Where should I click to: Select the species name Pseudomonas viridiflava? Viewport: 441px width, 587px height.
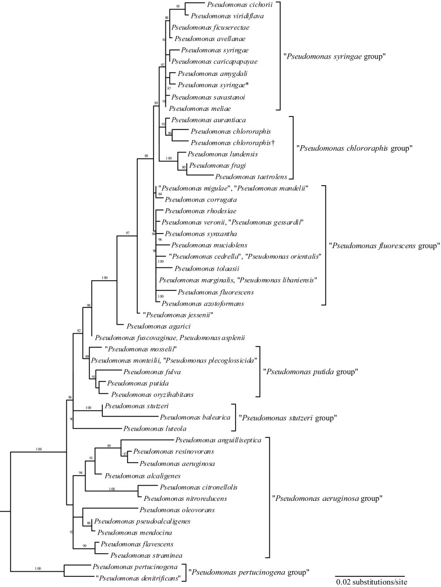(x=227, y=16)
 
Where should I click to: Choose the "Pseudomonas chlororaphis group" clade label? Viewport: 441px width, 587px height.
(x=354, y=149)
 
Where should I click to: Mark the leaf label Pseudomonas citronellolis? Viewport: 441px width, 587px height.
(x=194, y=486)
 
